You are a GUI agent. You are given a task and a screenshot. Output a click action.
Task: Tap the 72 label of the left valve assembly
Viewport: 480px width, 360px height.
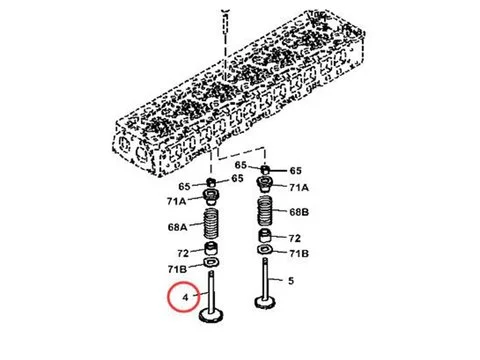182,254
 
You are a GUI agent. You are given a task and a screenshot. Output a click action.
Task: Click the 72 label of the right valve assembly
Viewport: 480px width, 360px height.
295,238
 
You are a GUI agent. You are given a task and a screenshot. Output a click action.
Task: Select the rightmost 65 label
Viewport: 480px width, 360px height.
295,171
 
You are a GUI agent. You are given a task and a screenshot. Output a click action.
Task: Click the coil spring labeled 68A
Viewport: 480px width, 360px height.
212,224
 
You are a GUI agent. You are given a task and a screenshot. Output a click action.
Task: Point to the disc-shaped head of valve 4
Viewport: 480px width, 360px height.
213,317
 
